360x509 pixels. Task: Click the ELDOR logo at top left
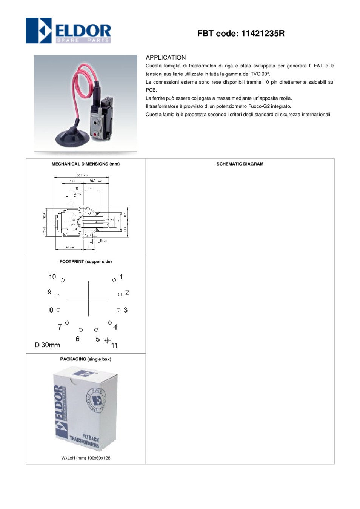(x=68, y=31)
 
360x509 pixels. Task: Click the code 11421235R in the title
(x=263, y=34)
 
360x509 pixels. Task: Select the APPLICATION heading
(x=166, y=57)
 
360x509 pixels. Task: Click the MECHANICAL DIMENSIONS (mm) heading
(x=86, y=164)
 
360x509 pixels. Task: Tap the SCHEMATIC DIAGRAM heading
(x=240, y=164)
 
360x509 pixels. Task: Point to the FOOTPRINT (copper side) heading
(x=86, y=262)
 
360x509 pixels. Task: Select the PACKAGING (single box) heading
(x=86, y=359)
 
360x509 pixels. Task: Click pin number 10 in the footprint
(x=52, y=277)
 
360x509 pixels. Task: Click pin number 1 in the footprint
(x=121, y=277)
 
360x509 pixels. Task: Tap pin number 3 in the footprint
(x=125, y=310)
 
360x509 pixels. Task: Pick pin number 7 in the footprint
(x=60, y=327)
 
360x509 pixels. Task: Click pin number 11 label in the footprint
(x=114, y=345)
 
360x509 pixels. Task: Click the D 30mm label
(x=48, y=345)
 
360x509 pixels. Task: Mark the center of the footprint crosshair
(x=88, y=299)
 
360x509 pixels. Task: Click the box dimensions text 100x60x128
(x=98, y=458)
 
